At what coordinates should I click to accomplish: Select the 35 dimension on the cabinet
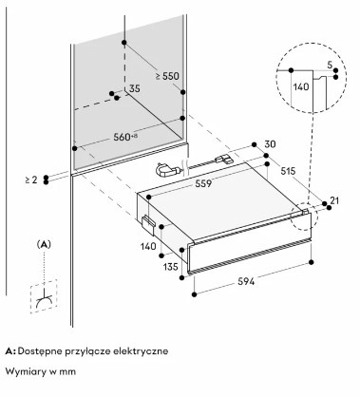click(x=134, y=89)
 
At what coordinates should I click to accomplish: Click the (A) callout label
click(x=44, y=244)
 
